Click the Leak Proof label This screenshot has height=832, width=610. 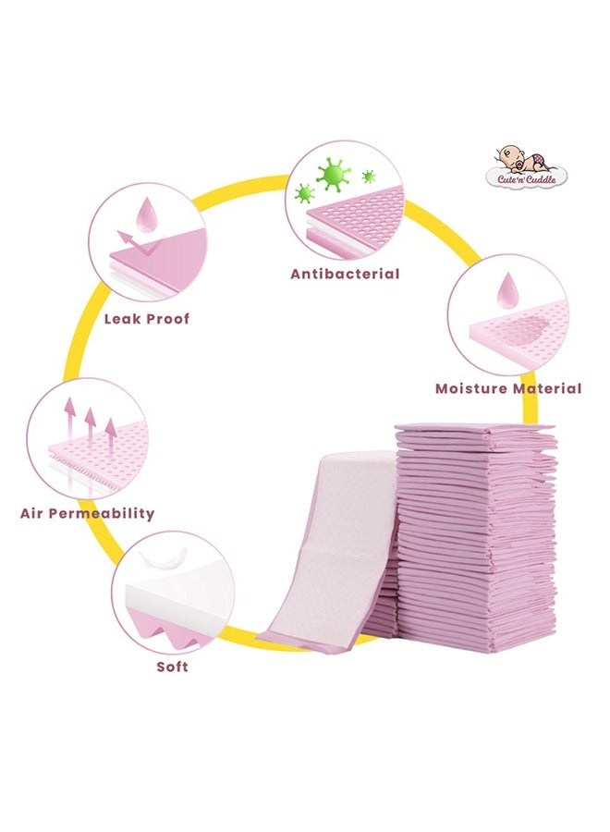pos(146,319)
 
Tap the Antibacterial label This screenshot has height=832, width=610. pos(345,274)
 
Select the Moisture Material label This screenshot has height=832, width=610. pos(508,388)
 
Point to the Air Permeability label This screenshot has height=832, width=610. pos(87,513)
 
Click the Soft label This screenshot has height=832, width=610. pos(172,666)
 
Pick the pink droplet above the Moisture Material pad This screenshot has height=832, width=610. pos(506,288)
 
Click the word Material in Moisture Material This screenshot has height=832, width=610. pos(548,388)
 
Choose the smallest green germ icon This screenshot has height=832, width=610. pos(369,177)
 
